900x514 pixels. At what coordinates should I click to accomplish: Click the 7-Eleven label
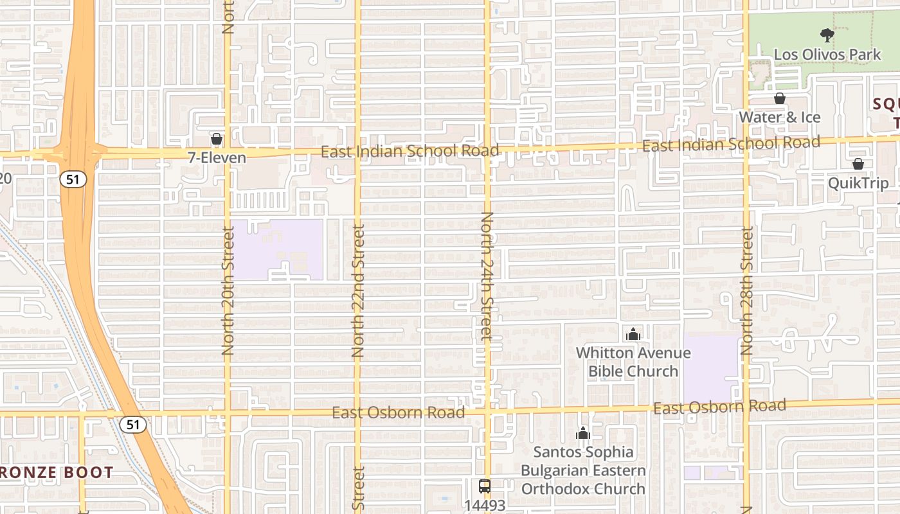[x=217, y=157]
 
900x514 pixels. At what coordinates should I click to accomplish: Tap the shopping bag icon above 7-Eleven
[x=217, y=139]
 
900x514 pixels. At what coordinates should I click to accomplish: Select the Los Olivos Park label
[x=827, y=55]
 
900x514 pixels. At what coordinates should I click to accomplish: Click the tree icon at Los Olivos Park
[x=827, y=35]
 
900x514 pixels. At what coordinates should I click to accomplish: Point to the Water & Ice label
[x=779, y=118]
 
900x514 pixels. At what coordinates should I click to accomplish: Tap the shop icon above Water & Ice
[x=779, y=98]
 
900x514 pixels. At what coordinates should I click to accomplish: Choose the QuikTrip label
[x=858, y=183]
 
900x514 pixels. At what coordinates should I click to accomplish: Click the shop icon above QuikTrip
[x=858, y=164]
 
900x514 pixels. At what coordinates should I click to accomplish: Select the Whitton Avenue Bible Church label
[x=633, y=362]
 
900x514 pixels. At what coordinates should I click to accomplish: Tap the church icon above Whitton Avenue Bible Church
[x=633, y=334]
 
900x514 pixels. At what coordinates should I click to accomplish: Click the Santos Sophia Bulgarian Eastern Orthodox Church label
[x=583, y=470]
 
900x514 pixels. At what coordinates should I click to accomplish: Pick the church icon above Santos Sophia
[x=583, y=433]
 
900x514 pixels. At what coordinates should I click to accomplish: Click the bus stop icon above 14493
[x=485, y=486]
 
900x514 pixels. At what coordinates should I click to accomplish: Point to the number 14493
[x=485, y=505]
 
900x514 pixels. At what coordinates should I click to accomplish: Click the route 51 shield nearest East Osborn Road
[x=132, y=424]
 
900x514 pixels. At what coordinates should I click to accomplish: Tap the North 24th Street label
[x=487, y=276]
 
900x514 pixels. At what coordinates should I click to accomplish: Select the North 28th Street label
[x=746, y=290]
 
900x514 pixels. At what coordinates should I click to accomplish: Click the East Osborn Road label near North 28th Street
[x=719, y=407]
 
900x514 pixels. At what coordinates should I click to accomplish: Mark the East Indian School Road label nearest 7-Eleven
[x=410, y=152]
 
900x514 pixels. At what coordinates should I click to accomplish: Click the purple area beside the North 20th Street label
[x=276, y=249]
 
